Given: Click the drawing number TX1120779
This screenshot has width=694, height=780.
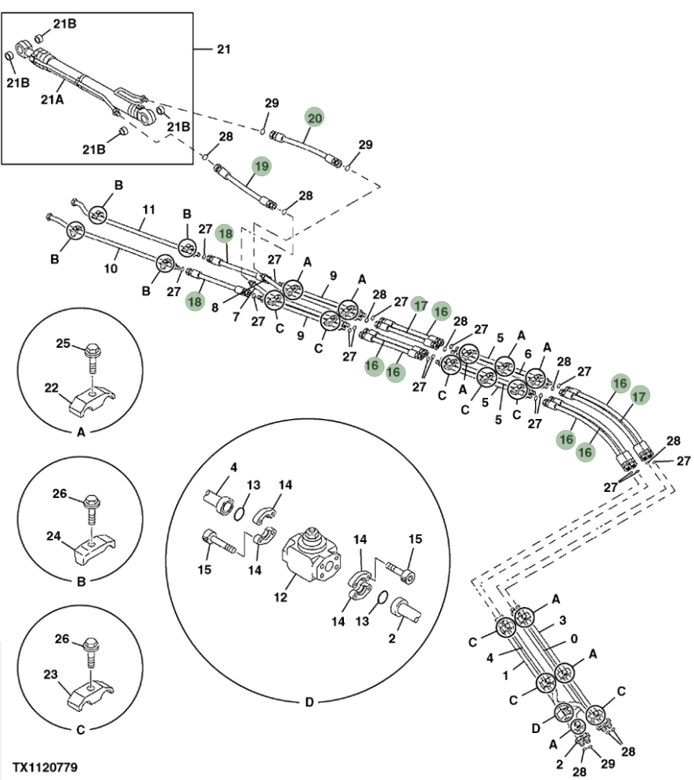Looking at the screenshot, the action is [x=45, y=767].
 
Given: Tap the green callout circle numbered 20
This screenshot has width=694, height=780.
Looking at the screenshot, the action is [x=314, y=118].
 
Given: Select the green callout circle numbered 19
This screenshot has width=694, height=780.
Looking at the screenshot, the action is [x=262, y=166].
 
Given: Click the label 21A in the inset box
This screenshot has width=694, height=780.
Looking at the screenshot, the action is [x=52, y=99].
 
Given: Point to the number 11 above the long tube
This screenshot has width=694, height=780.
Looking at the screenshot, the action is [x=149, y=209].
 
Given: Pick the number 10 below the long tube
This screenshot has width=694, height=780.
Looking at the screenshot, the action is [x=110, y=268].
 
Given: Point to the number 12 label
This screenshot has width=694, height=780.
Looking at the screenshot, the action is [x=280, y=597].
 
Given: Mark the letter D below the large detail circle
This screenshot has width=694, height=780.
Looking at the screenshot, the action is [x=309, y=702].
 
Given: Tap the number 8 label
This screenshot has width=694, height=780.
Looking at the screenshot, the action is [x=215, y=308].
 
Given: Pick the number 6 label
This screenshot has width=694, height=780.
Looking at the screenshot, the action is [x=528, y=354].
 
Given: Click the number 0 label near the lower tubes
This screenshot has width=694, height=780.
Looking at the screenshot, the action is [x=574, y=638].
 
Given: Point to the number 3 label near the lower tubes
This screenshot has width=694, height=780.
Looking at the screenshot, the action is [x=562, y=619].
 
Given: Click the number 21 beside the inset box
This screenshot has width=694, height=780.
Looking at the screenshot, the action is [x=224, y=49].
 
